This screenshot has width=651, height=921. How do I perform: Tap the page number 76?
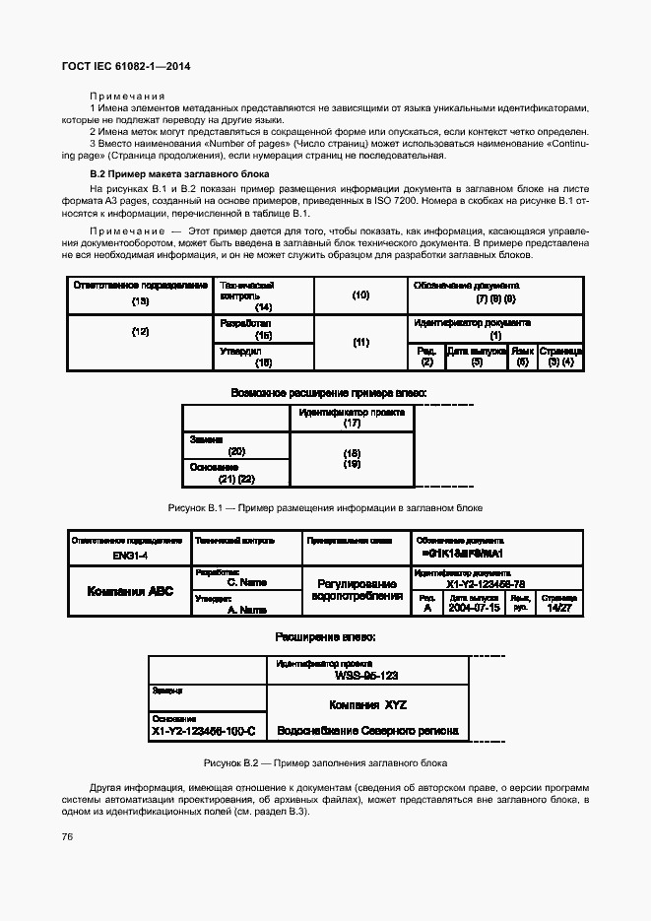(x=69, y=836)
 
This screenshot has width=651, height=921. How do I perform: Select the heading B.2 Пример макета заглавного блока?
(x=172, y=172)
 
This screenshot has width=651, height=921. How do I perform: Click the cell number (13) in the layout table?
(x=140, y=300)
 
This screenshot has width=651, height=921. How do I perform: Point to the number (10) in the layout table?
(x=360, y=295)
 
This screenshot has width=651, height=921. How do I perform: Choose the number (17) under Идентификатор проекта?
(x=352, y=424)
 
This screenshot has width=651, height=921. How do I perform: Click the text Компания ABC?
(x=130, y=592)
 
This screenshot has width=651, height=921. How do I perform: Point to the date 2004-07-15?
(x=474, y=608)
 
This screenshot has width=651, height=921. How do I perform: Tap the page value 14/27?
(x=558, y=608)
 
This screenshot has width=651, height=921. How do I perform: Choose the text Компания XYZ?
(x=367, y=705)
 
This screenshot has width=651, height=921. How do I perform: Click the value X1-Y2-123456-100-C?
(x=205, y=732)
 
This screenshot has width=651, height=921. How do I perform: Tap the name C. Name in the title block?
(x=247, y=582)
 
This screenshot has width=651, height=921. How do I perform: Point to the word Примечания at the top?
(x=127, y=96)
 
